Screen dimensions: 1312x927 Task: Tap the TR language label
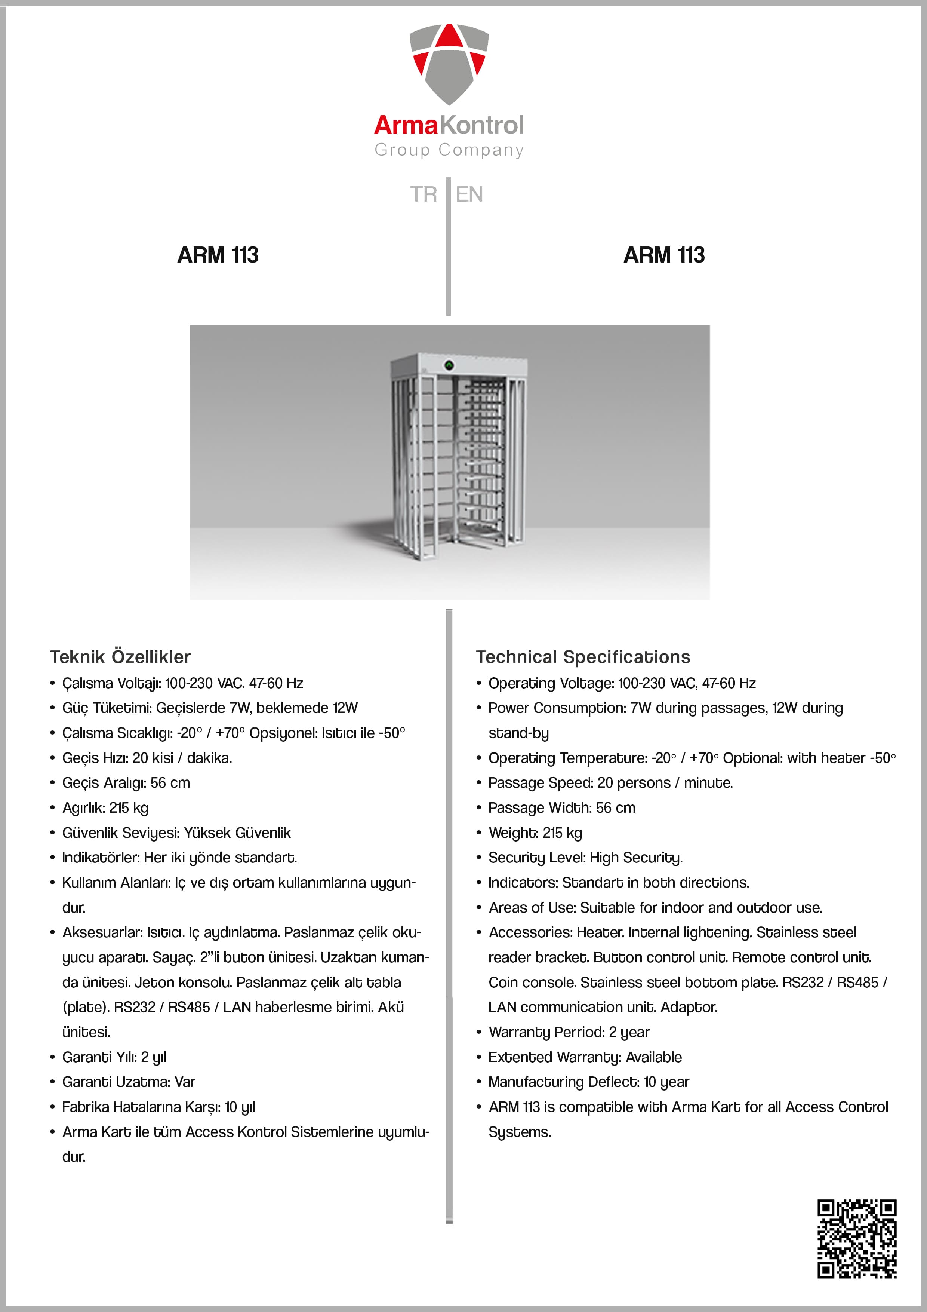click(423, 194)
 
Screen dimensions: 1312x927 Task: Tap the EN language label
click(469, 194)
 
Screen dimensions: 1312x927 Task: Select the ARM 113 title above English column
click(664, 255)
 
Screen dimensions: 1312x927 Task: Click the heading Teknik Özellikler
click(120, 657)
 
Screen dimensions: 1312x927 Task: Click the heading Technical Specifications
click(583, 657)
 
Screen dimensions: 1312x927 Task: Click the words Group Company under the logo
click(449, 150)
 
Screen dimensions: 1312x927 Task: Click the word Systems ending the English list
click(519, 1132)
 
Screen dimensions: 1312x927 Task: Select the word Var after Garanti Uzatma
click(185, 1082)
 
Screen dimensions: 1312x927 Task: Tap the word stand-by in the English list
click(518, 733)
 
